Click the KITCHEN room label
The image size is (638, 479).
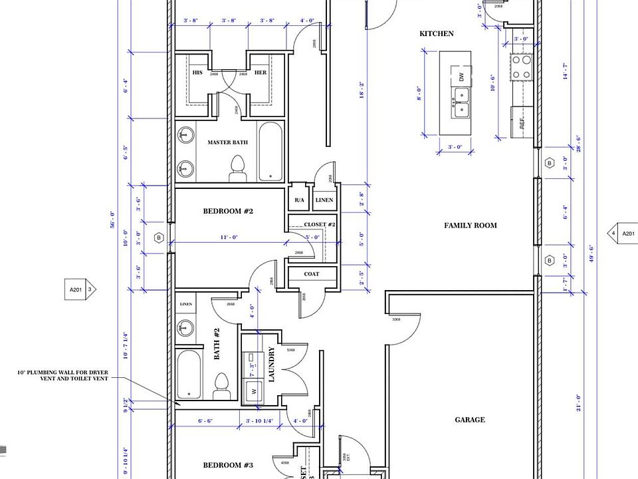coord(436,33)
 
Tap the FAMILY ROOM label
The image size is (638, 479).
coord(470,226)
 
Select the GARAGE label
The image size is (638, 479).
coord(469,420)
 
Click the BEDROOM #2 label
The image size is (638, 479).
coord(228,212)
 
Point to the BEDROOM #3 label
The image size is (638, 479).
coord(228,465)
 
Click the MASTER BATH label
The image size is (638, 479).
coord(227,142)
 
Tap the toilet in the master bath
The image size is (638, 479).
coord(237,170)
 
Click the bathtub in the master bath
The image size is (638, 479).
coord(270,151)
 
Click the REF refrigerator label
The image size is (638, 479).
coord(522,122)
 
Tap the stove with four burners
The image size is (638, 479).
coord(522,67)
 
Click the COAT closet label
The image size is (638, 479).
coord(312,274)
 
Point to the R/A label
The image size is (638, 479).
coord(299,200)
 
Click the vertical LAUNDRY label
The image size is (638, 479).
coord(271,365)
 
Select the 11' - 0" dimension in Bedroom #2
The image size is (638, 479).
coord(229,238)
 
